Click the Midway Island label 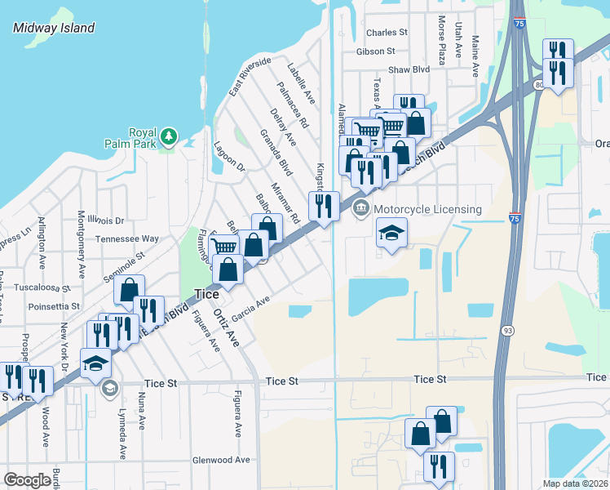pyautogui.click(x=54, y=28)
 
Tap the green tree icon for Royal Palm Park pyautogui.click(x=169, y=135)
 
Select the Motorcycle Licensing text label pyautogui.click(x=427, y=209)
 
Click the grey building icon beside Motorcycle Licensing pyautogui.click(x=360, y=210)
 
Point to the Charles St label pyautogui.click(x=387, y=33)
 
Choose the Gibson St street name pyautogui.click(x=375, y=51)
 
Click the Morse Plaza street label pyautogui.click(x=441, y=41)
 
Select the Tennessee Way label pyautogui.click(x=126, y=238)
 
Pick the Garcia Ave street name pyautogui.click(x=250, y=308)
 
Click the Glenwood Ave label pyautogui.click(x=220, y=460)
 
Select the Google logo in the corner pyautogui.click(x=28, y=480)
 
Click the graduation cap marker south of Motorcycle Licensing pyautogui.click(x=391, y=234)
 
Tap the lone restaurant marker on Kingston pyautogui.click(x=324, y=206)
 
